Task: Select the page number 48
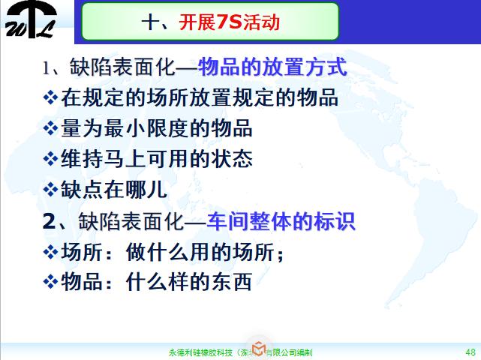tap(470, 351)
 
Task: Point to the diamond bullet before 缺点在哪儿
tap(51, 189)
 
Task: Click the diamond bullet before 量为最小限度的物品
tap(51, 128)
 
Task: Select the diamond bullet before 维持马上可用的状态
tap(51, 159)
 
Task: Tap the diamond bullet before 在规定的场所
tap(51, 97)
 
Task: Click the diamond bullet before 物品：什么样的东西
tap(51, 282)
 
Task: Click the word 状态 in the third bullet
tap(232, 159)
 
